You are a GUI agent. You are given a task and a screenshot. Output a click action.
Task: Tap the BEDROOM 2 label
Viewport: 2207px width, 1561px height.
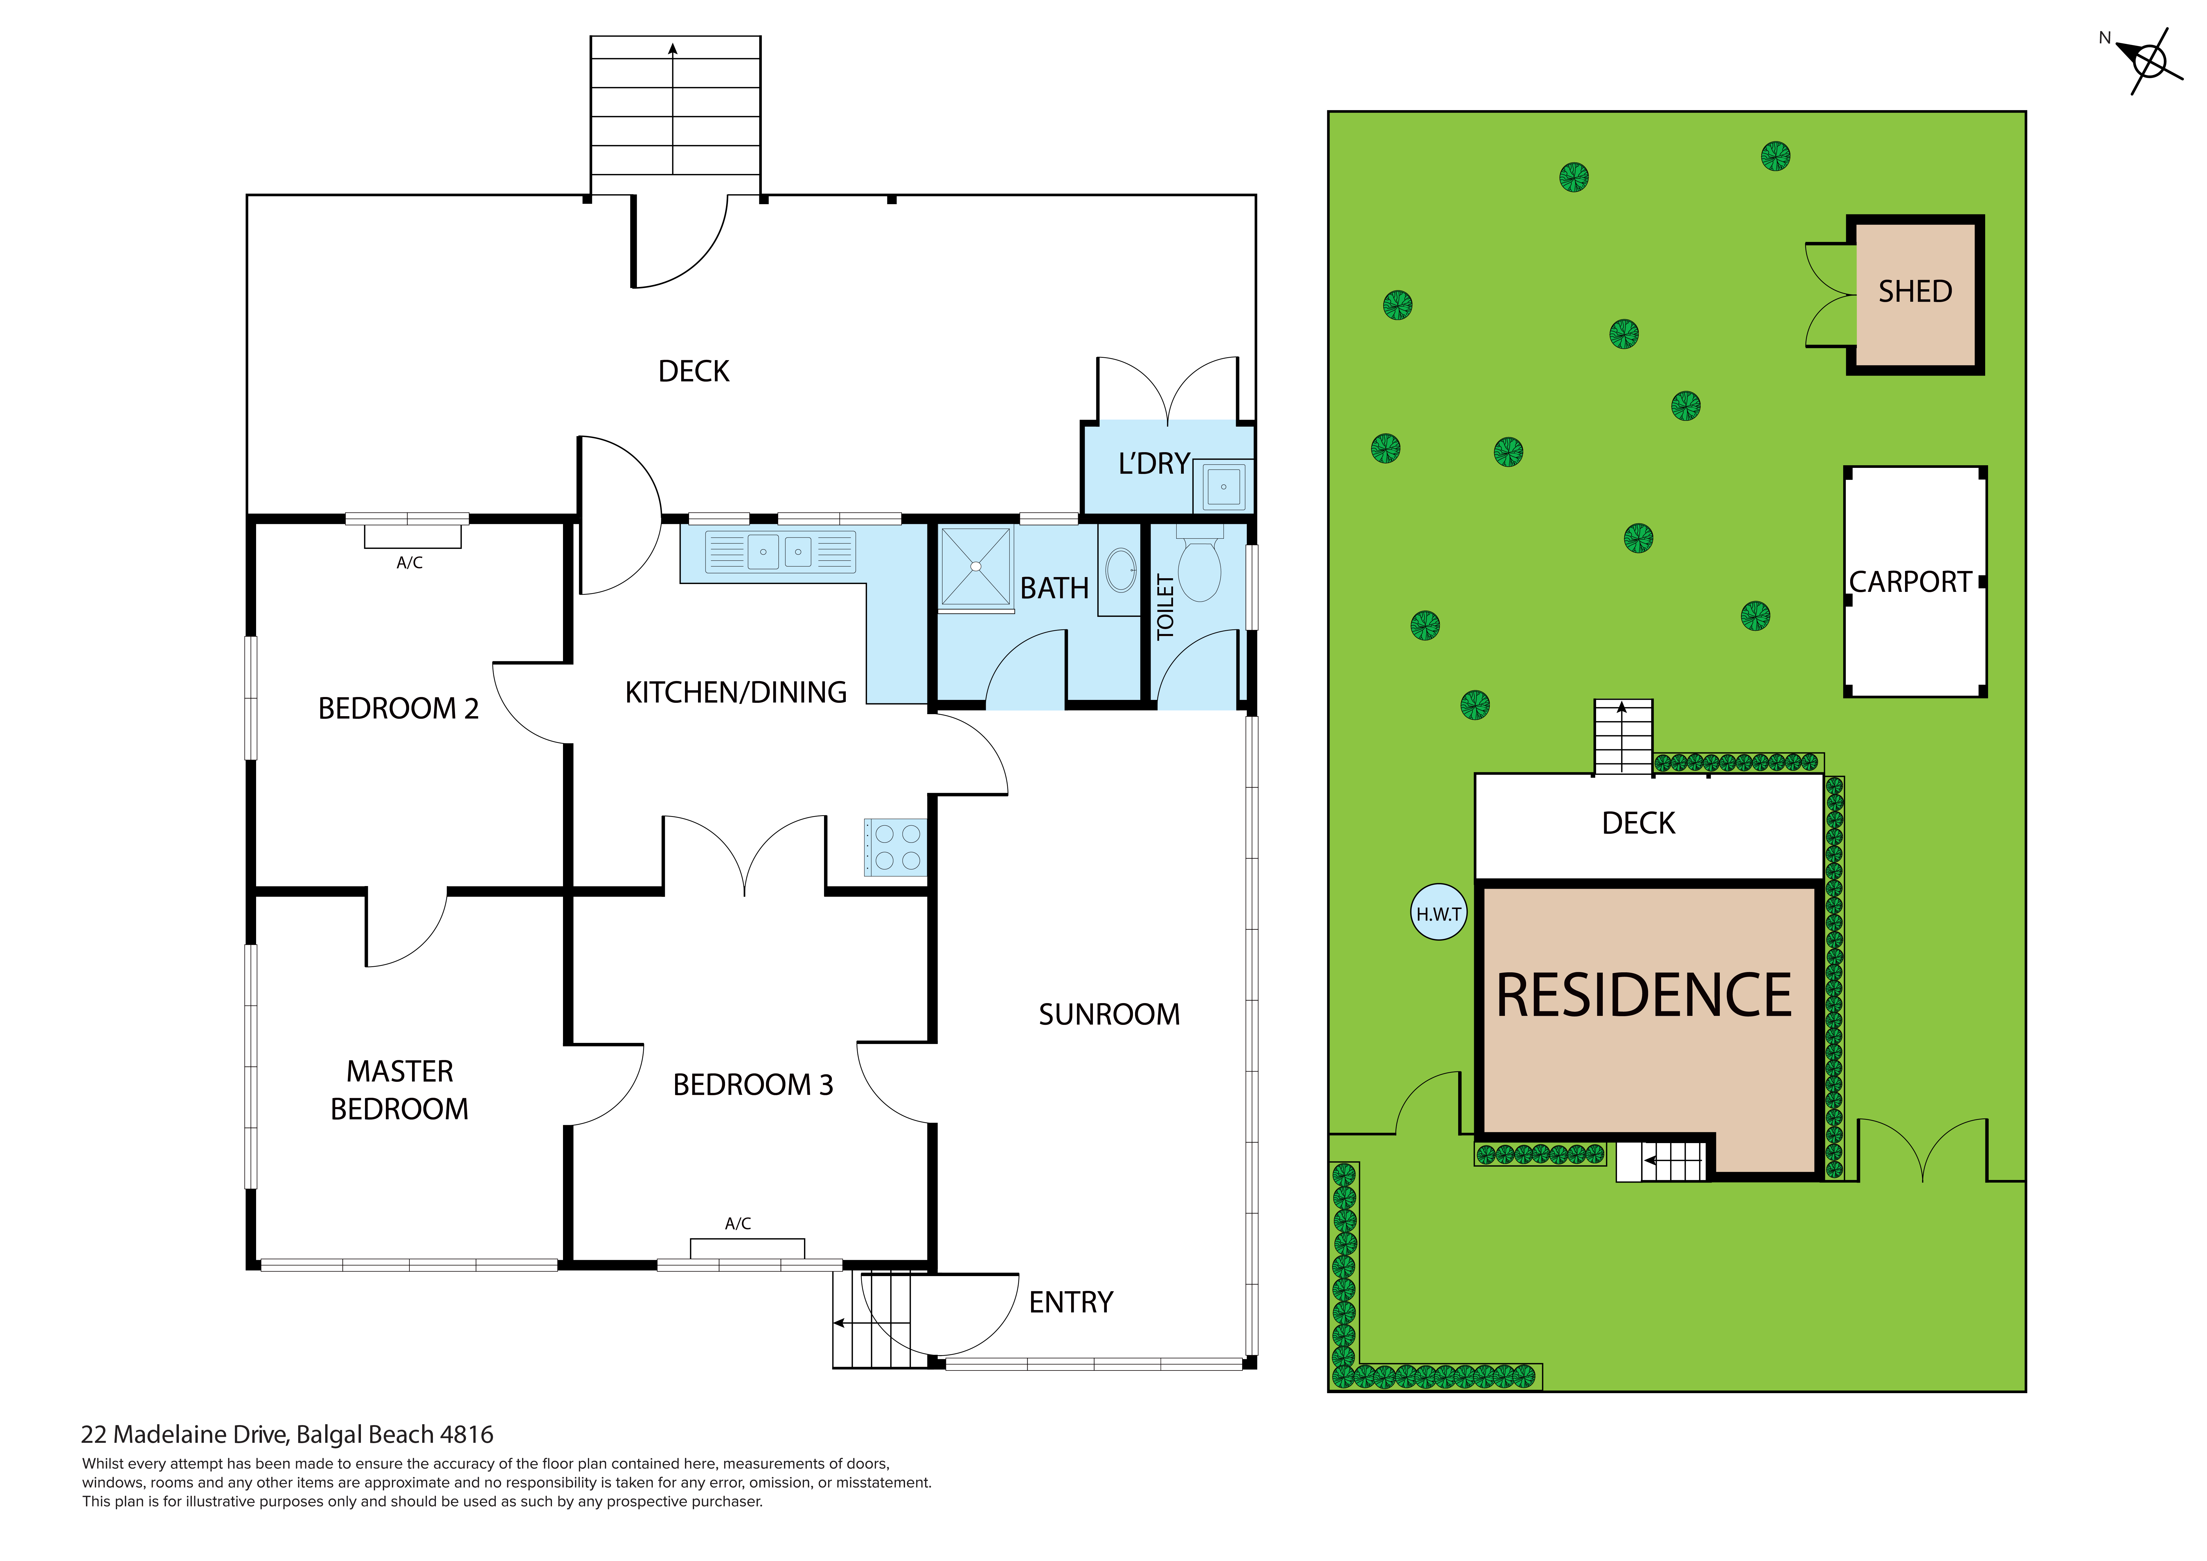[x=398, y=708]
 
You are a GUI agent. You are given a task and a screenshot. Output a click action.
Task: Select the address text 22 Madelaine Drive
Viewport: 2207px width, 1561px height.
[x=287, y=1435]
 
